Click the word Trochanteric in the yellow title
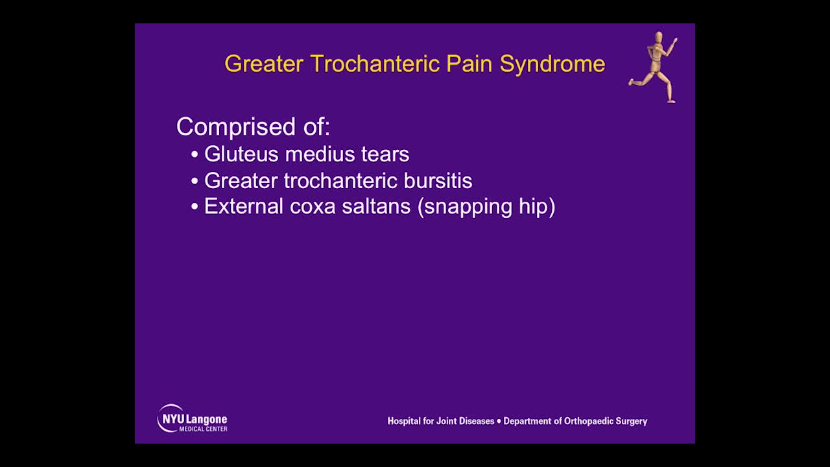(375, 64)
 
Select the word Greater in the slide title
(264, 64)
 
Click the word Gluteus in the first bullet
(242, 154)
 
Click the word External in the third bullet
(244, 206)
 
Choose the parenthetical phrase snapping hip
(486, 207)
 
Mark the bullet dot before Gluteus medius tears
(195, 155)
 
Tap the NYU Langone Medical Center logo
(192, 418)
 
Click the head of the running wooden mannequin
(659, 37)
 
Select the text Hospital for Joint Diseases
(440, 421)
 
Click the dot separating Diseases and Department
(499, 421)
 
